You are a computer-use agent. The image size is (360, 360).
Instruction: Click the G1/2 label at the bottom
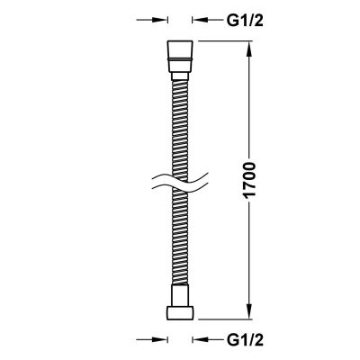[x=237, y=341]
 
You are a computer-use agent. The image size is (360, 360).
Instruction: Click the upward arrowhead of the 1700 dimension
[x=249, y=46]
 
